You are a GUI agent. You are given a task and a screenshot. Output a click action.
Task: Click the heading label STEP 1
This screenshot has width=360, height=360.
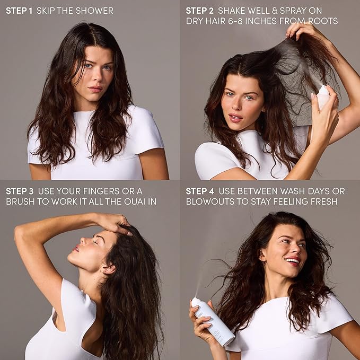[x=19, y=11]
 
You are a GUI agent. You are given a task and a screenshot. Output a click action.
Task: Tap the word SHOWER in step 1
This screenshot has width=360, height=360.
[x=95, y=11]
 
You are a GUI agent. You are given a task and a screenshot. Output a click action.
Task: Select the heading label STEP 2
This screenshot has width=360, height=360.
[x=199, y=11]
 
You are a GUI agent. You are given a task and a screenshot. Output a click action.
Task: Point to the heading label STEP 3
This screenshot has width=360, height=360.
[x=20, y=190]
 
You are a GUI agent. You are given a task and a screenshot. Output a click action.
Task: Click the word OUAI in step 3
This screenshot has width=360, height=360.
[x=127, y=201]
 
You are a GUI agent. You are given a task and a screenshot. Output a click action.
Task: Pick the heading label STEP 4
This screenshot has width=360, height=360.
[x=200, y=190]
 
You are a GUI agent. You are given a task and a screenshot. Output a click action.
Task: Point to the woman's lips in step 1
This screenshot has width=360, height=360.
[x=95, y=89]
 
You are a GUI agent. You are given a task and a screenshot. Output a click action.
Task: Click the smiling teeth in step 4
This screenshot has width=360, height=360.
[x=293, y=260]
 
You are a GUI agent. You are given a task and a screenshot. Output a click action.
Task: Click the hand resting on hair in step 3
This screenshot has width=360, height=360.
[x=115, y=223]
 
